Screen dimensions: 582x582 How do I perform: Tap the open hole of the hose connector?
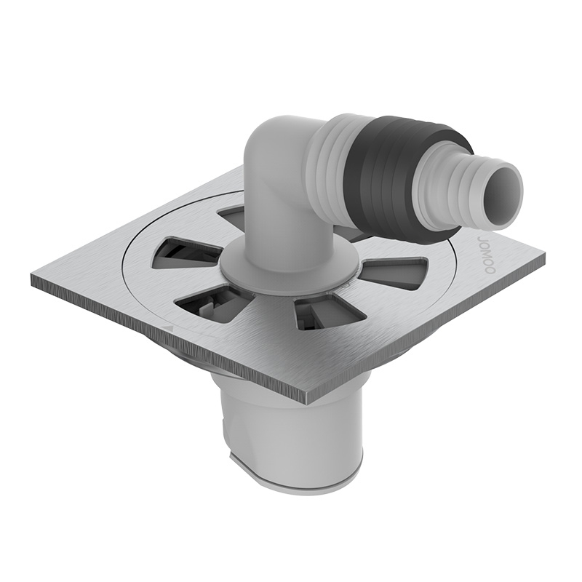point(504,187)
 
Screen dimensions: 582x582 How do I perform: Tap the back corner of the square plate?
point(244,170)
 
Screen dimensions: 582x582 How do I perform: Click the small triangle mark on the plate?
point(168,329)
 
